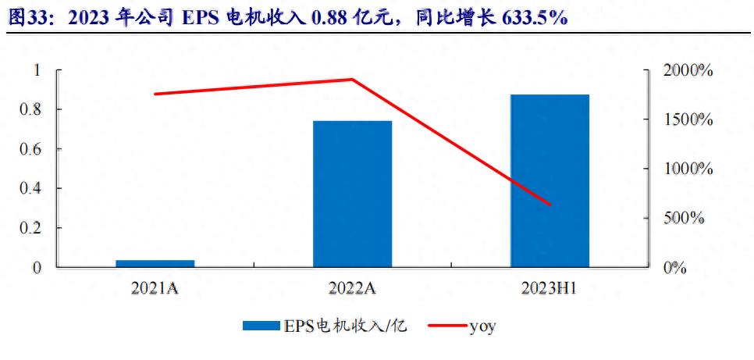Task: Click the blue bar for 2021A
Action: click(155, 263)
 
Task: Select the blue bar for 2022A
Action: click(352, 194)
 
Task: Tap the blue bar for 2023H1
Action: click(549, 180)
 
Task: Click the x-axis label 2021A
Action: click(155, 289)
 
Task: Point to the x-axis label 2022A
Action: click(352, 289)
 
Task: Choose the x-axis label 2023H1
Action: click(549, 289)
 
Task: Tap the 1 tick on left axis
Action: click(34, 70)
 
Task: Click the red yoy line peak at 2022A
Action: click(352, 79)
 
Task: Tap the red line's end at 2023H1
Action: click(550, 205)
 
